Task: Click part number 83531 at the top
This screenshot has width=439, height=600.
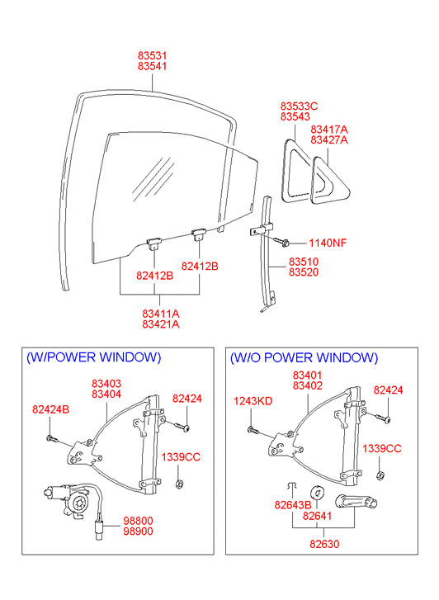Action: click(153, 56)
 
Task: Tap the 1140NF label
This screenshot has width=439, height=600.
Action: click(328, 243)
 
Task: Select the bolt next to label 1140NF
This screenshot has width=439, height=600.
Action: click(281, 242)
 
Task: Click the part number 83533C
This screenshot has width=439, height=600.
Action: click(299, 106)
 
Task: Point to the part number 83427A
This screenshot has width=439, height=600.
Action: click(329, 140)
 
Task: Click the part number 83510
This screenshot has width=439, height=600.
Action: click(304, 262)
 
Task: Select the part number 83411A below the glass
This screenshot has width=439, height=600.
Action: click(161, 314)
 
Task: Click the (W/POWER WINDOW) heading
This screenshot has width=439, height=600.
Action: click(94, 357)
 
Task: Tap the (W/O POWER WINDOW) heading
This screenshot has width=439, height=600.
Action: click(304, 358)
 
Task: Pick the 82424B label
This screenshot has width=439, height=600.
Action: click(51, 409)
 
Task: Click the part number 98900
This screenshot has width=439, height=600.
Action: click(138, 531)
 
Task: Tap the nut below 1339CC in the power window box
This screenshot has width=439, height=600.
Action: click(178, 484)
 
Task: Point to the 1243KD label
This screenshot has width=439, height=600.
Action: click(253, 401)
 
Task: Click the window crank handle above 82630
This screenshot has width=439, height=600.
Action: click(356, 502)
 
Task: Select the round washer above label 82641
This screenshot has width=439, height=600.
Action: click(318, 493)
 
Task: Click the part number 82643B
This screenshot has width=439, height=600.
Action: click(293, 505)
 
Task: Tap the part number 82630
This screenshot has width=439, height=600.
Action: click(324, 544)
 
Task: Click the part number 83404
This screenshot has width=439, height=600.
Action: click(106, 394)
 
